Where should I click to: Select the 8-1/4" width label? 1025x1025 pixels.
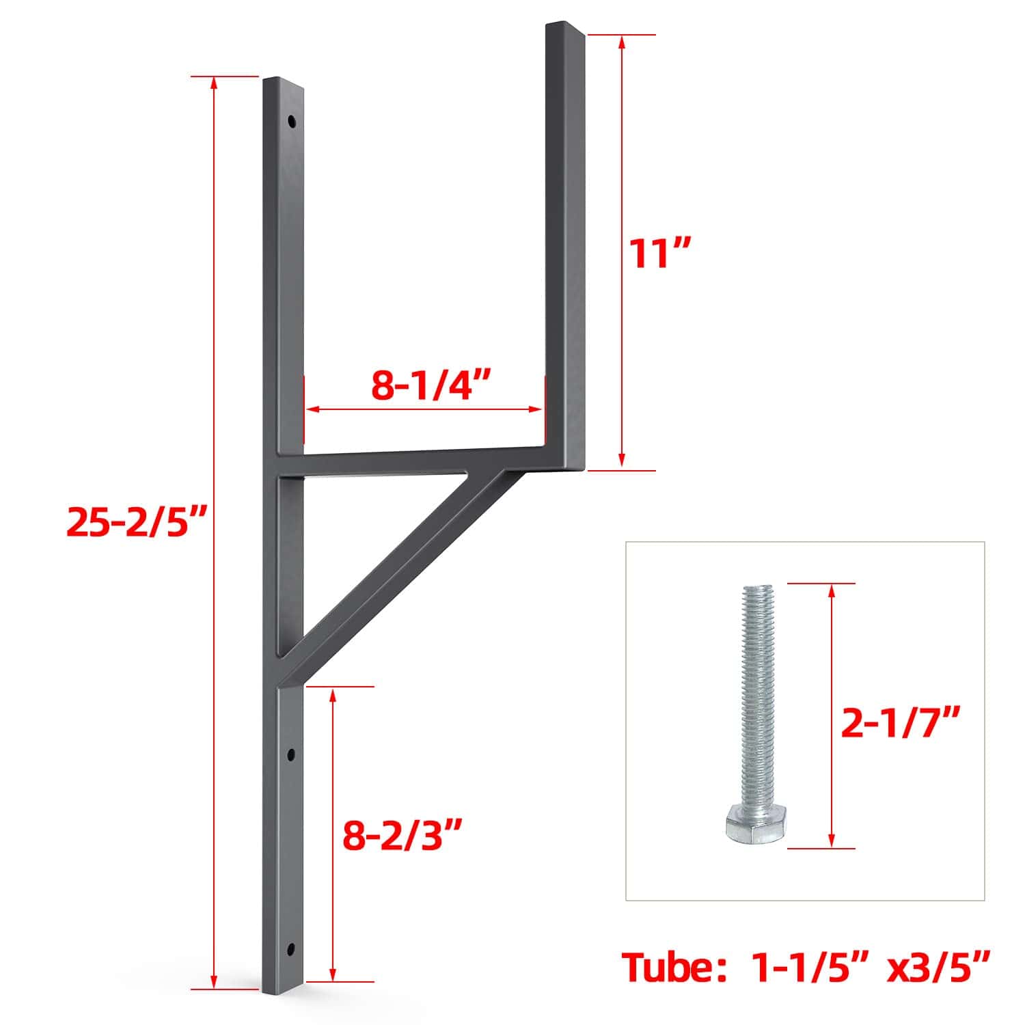[432, 386]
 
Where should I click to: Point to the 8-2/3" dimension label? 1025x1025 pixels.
[402, 835]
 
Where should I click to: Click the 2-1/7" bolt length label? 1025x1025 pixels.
[901, 722]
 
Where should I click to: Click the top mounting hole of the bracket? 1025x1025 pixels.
[292, 122]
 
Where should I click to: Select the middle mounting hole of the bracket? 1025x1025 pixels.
[291, 756]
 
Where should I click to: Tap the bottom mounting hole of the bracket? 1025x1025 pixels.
[292, 948]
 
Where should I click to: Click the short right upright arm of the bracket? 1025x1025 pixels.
[564, 239]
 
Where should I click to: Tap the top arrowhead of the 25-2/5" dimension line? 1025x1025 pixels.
[215, 82]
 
